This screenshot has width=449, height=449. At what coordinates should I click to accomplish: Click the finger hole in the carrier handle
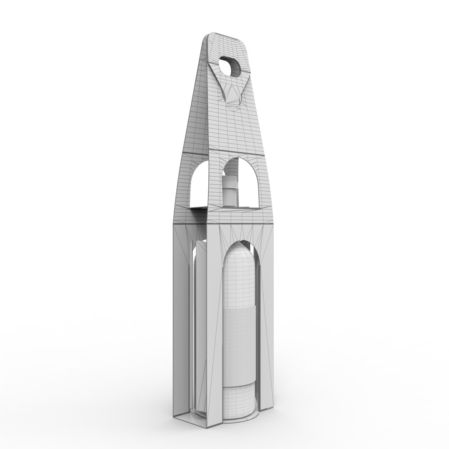pyautogui.click(x=231, y=67)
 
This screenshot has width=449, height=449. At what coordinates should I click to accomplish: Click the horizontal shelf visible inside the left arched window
pyautogui.click(x=200, y=207)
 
